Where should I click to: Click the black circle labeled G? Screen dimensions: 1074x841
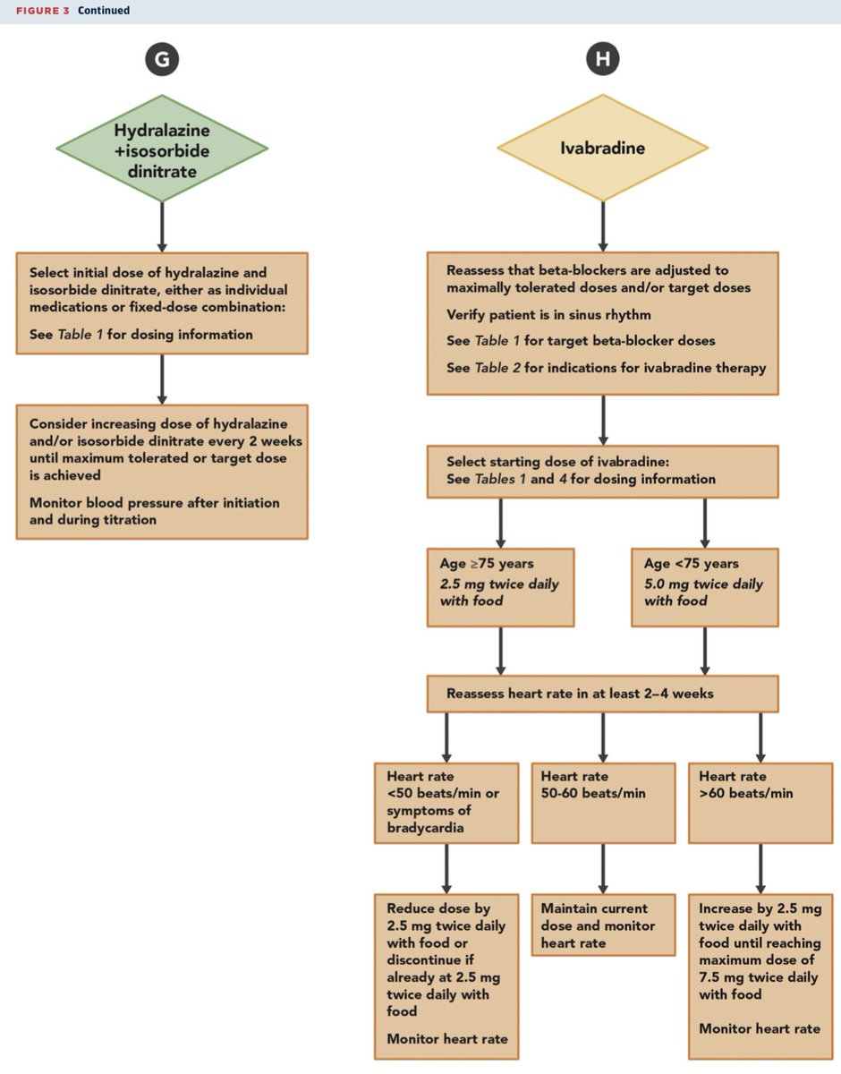point(162,60)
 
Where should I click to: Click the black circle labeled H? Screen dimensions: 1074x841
point(602,60)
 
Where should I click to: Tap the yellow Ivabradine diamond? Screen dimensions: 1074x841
point(602,147)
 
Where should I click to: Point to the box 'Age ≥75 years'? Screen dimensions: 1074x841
point(501,586)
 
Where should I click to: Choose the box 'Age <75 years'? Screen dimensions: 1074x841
point(705,586)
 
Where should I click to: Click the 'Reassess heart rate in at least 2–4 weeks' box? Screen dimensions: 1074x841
point(602,694)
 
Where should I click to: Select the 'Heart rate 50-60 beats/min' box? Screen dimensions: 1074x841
point(603,802)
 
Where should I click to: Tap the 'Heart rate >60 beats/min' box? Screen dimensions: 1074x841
point(760,802)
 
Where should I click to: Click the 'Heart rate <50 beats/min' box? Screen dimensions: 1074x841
point(446,802)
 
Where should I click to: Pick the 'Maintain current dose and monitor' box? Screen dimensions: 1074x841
point(603,925)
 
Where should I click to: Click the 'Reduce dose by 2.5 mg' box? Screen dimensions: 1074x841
point(446,976)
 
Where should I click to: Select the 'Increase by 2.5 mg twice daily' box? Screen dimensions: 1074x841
point(760,967)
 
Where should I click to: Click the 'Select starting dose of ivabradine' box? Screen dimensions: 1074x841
point(602,471)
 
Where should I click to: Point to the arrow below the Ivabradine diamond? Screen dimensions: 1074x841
point(602,225)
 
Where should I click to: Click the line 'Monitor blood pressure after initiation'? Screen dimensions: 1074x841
point(154,503)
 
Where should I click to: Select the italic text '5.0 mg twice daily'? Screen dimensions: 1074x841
point(703,584)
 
